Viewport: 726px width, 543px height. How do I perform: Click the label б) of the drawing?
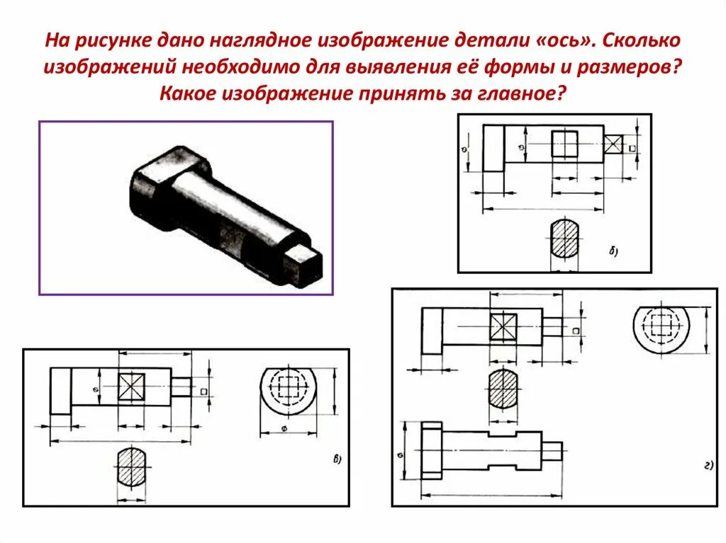614,251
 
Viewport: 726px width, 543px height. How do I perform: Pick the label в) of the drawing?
337,459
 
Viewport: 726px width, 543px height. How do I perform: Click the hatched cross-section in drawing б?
565,239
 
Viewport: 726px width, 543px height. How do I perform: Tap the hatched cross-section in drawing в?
130,466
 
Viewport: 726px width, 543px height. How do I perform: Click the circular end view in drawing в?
288,391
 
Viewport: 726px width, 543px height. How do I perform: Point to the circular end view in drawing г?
661,327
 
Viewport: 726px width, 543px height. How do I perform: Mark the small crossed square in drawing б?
613,145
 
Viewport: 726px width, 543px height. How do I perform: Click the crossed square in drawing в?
130,387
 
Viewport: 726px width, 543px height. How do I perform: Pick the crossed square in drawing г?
503,328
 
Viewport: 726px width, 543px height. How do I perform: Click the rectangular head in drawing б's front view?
493,148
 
